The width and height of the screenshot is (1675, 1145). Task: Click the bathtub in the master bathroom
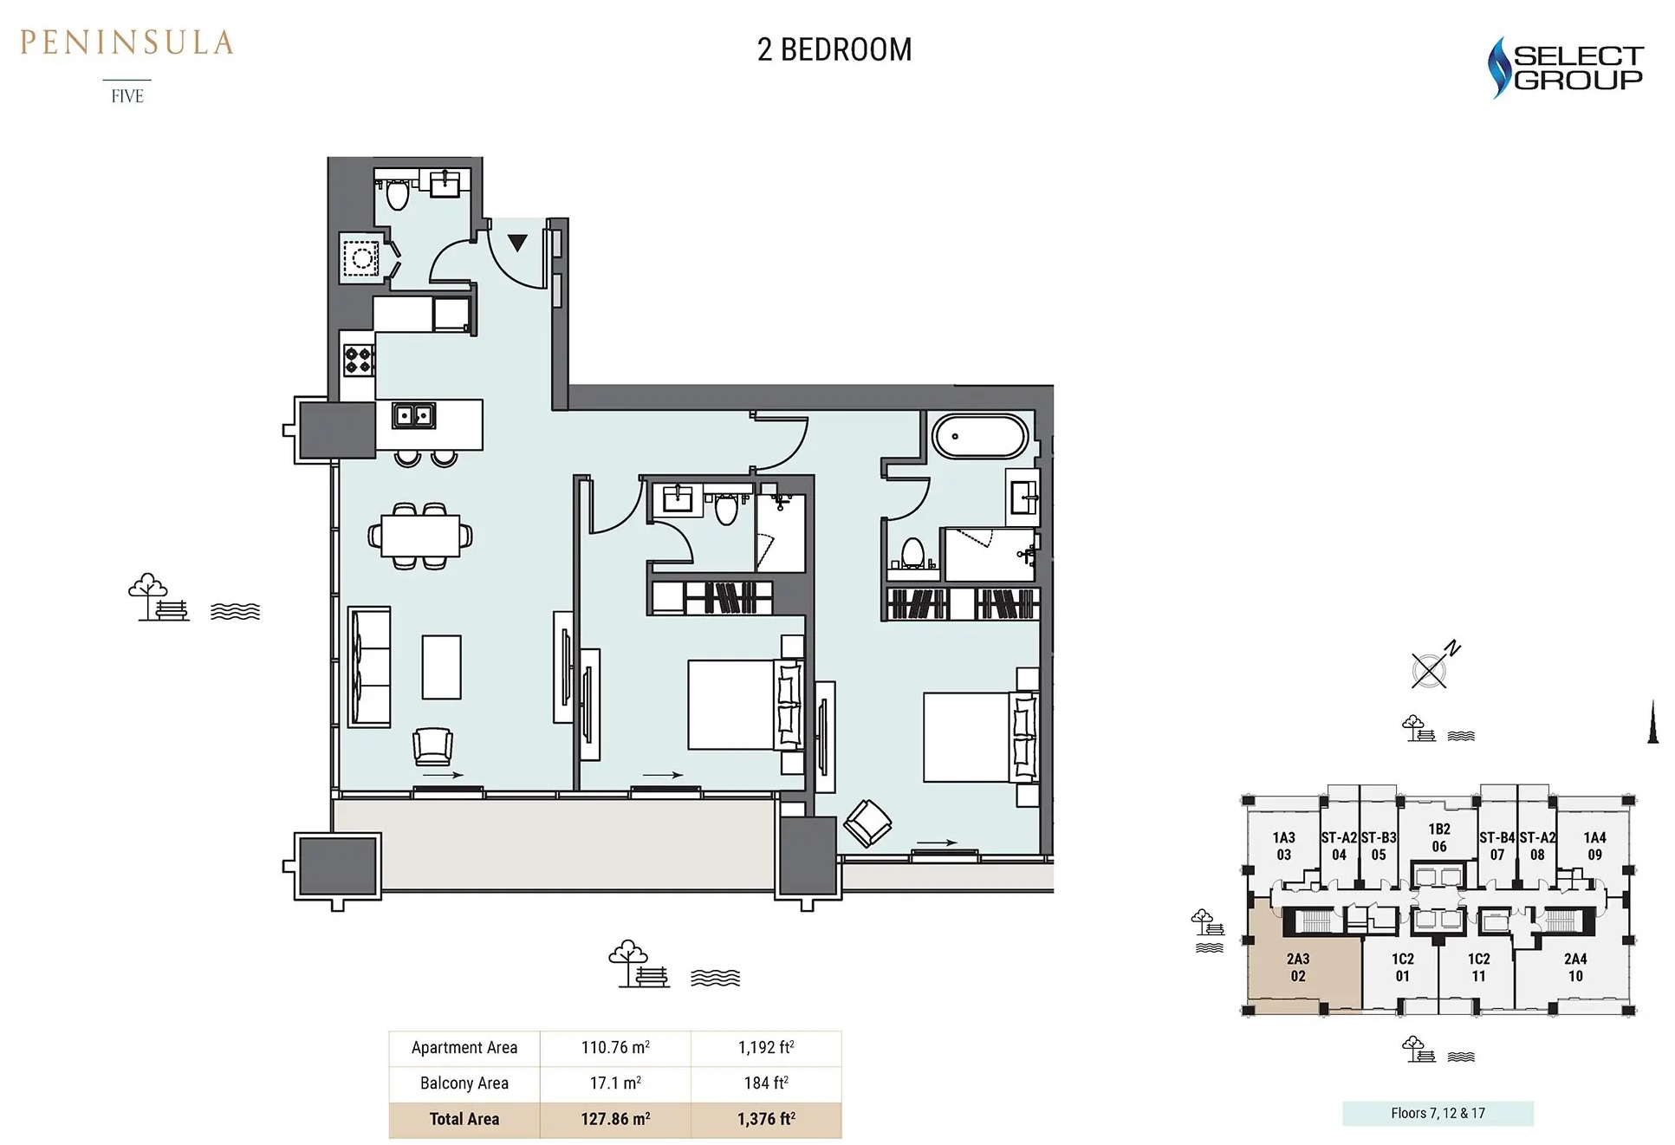[x=979, y=436]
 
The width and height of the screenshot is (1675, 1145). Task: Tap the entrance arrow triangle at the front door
[x=517, y=243]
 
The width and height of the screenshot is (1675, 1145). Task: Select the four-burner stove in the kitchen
[x=359, y=360]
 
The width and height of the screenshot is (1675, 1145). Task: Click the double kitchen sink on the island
[x=413, y=416]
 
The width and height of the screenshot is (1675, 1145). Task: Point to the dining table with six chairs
[x=420, y=536]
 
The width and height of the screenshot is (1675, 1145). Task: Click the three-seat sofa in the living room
[x=369, y=666]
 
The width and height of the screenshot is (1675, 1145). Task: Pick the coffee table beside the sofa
[x=441, y=667]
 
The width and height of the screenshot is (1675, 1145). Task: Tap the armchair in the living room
[x=432, y=745]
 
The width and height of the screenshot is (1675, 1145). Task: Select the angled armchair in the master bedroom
[x=867, y=822]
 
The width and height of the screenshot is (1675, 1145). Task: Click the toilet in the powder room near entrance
[x=397, y=194]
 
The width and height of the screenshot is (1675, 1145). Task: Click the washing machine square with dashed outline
[x=360, y=257]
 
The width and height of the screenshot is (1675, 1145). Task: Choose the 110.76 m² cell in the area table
[x=614, y=1047]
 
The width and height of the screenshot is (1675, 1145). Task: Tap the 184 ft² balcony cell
[x=765, y=1083]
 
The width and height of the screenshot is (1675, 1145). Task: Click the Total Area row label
[x=464, y=1119]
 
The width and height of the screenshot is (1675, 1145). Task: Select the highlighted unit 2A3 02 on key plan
[x=1297, y=966]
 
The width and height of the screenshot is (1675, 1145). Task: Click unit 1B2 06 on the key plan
[x=1438, y=837]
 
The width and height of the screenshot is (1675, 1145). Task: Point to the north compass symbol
[x=1432, y=668]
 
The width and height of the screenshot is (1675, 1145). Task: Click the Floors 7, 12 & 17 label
[x=1437, y=1113]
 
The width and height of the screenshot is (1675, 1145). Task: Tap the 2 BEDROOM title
[x=834, y=50]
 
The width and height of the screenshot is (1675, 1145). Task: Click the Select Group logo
[x=1565, y=68]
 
